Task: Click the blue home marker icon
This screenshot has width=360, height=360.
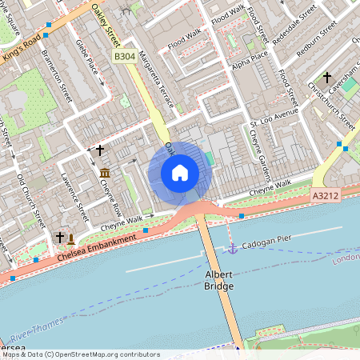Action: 180,173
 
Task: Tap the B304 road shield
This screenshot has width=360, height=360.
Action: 124,57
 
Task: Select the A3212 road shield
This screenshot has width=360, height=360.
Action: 326,195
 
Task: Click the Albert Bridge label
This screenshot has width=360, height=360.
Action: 218,279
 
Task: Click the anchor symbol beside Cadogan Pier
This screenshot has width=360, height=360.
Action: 233,250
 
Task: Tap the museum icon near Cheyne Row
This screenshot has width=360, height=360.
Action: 105,172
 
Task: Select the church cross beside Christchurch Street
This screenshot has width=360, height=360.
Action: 326,78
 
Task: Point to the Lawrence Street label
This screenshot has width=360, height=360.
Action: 75,193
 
